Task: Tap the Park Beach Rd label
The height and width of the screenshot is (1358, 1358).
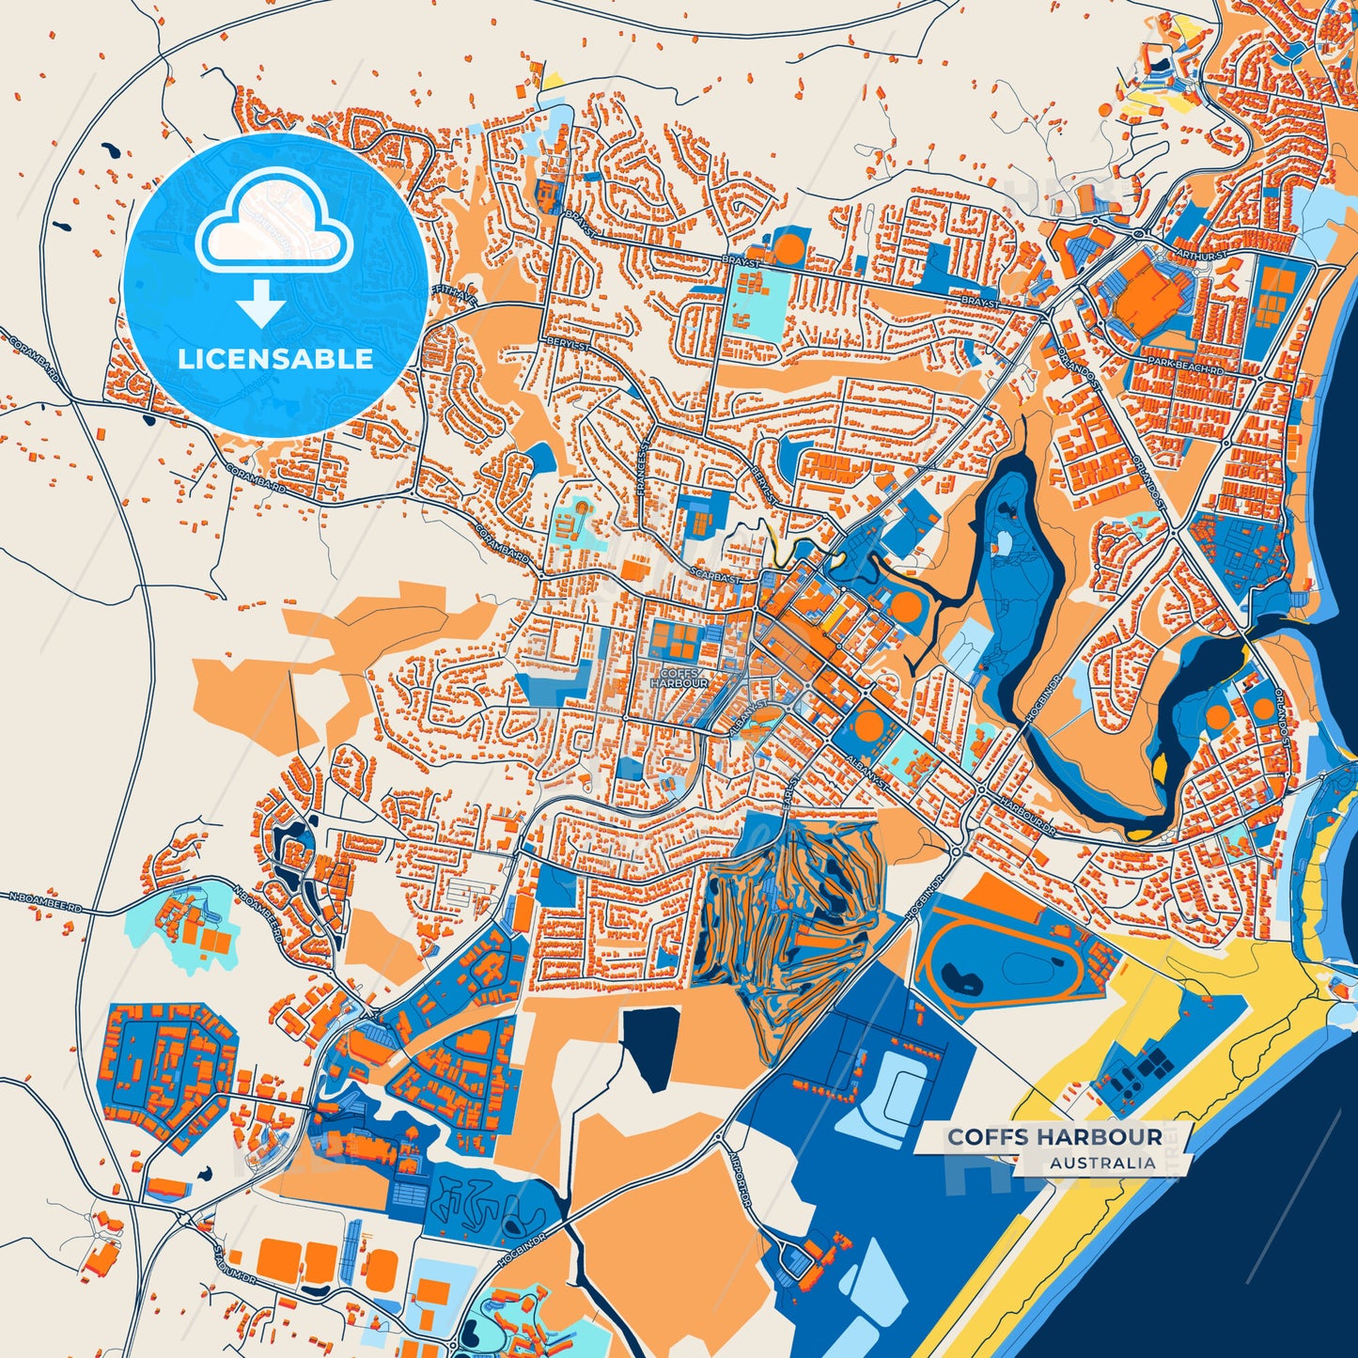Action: tap(1185, 367)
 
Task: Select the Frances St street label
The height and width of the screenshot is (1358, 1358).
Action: tap(643, 468)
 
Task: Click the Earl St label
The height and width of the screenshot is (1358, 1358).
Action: tap(790, 788)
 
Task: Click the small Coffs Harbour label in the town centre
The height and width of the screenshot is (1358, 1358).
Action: tap(679, 678)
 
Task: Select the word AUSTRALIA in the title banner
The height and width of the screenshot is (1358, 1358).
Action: tap(1102, 1163)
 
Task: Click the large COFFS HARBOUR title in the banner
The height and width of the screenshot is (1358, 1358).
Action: tap(1054, 1136)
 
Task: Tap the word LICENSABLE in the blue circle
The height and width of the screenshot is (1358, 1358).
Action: tap(275, 358)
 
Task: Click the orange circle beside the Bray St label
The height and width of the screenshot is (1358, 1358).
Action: tap(788, 249)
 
